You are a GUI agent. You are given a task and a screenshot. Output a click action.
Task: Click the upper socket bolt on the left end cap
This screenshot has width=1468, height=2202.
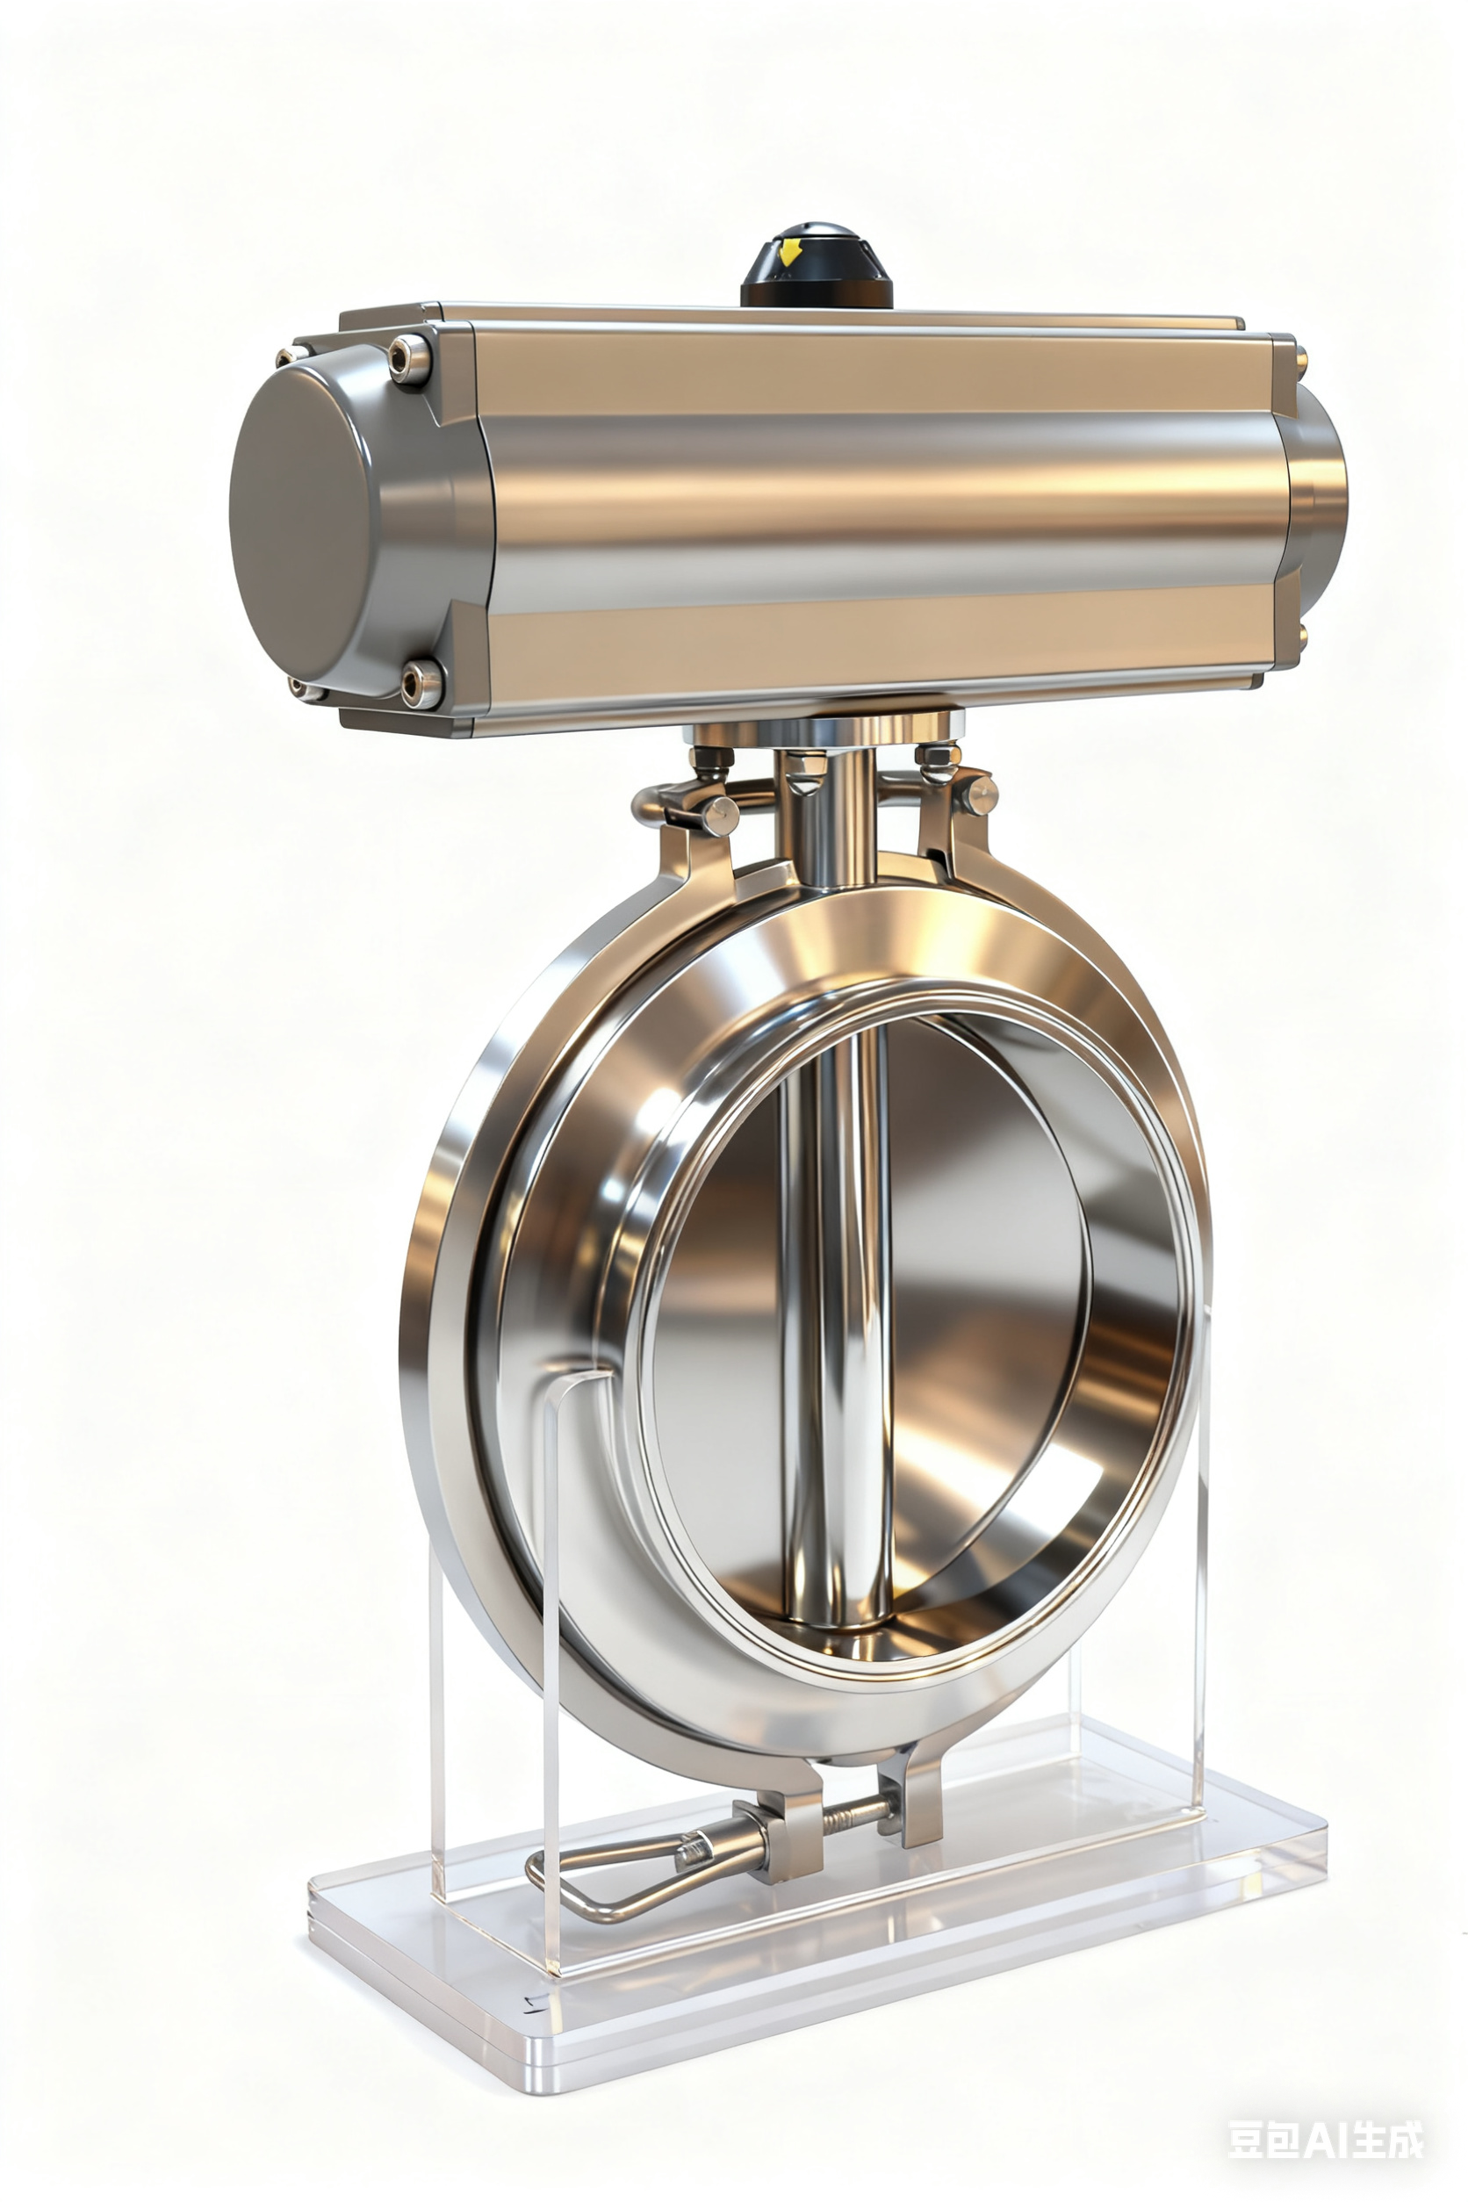(x=408, y=358)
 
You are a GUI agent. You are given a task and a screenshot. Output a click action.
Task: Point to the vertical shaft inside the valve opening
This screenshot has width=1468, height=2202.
(x=836, y=1311)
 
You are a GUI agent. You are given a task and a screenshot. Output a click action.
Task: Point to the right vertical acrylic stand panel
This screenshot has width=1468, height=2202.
(x=1201, y=1592)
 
